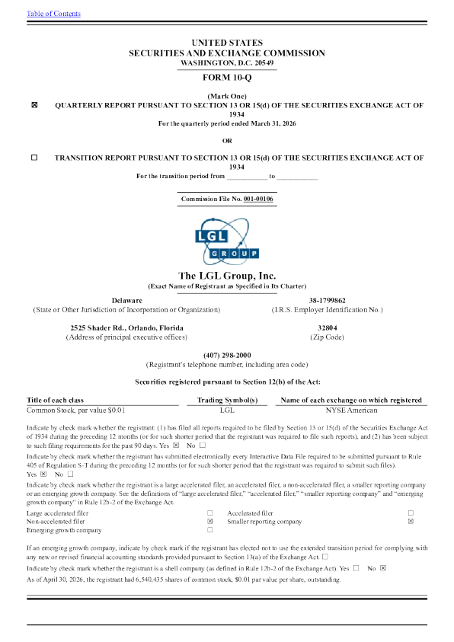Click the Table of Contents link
tap(53, 14)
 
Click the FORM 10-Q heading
tap(227, 78)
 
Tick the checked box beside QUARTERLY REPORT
tap(34, 105)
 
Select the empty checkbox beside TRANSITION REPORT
tap(34, 157)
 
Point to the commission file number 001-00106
tap(258, 199)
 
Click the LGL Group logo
tap(226, 241)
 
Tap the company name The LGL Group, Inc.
tap(227, 276)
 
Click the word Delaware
tap(127, 301)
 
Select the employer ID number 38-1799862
tap(327, 301)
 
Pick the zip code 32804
tap(327, 328)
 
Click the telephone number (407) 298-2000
tap(227, 356)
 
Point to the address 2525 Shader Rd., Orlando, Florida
tap(127, 328)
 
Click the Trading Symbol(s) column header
tap(227, 400)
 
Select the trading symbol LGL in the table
tap(227, 410)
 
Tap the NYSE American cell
tap(351, 410)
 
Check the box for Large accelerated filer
tap(210, 513)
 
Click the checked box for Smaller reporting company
tap(411, 521)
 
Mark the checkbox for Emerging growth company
tap(210, 530)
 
